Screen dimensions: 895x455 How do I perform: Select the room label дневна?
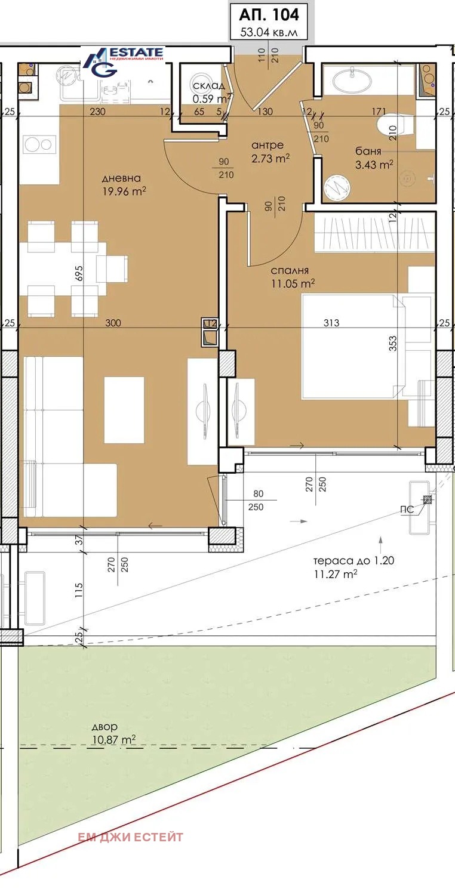[x=121, y=178]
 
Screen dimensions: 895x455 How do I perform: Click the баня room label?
[x=368, y=152]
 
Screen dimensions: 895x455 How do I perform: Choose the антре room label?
[x=268, y=145]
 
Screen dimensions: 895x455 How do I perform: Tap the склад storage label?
[x=208, y=87]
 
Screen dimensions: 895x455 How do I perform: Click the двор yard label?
[x=104, y=727]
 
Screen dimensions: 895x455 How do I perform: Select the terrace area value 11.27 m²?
[x=336, y=574]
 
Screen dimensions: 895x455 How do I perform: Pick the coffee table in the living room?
[x=124, y=410]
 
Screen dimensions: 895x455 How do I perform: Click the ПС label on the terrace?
[x=407, y=510]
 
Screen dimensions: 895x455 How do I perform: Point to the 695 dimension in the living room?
[x=79, y=273]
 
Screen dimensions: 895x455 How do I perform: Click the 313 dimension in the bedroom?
[x=331, y=323]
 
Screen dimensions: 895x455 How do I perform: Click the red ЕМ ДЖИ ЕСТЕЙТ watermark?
[x=130, y=837]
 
